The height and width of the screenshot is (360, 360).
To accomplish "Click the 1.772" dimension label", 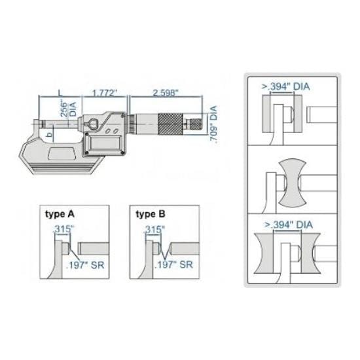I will pos(105,93).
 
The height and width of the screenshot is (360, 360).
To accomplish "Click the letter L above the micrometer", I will pos(58,92).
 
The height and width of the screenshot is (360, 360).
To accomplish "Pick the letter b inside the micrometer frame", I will pos(50,135).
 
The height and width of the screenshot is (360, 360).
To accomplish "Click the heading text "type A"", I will pos(59,214).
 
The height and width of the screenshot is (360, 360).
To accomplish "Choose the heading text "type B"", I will pos(150,214).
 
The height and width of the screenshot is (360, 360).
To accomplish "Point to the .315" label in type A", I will pos(63,228).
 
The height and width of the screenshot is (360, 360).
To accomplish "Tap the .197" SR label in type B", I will pos(175,265).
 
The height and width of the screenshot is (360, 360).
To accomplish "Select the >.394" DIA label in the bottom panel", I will pos(286,225).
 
